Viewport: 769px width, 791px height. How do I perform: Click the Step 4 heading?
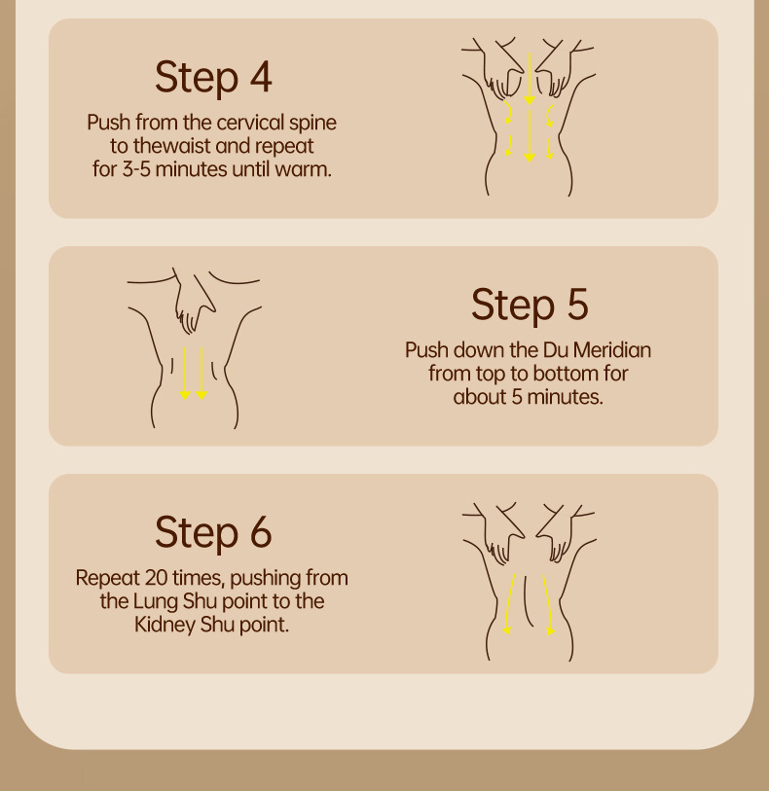[x=213, y=77]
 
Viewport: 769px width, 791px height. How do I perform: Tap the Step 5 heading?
[x=530, y=305]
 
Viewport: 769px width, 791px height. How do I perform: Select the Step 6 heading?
[x=213, y=533]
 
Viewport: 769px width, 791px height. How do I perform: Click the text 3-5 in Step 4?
[x=136, y=169]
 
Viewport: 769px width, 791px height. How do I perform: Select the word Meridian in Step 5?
[x=612, y=350]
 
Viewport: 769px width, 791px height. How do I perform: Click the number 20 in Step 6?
[x=156, y=578]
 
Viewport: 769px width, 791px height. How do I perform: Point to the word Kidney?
[x=165, y=626]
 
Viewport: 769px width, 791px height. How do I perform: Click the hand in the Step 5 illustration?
[x=194, y=302]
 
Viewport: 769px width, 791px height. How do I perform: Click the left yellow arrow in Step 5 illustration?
[x=185, y=374]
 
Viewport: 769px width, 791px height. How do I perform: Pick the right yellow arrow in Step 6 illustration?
[x=547, y=604]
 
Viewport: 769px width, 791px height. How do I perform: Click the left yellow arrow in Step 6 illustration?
[x=510, y=604]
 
